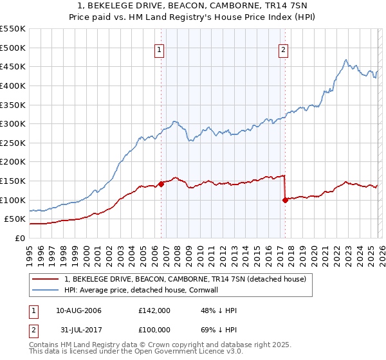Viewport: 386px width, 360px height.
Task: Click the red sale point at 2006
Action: [x=161, y=184]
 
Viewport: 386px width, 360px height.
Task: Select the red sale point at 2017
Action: [x=285, y=200]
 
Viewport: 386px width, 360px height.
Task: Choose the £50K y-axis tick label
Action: [x=15, y=219]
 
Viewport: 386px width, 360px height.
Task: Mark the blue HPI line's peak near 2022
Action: [x=346, y=60]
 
